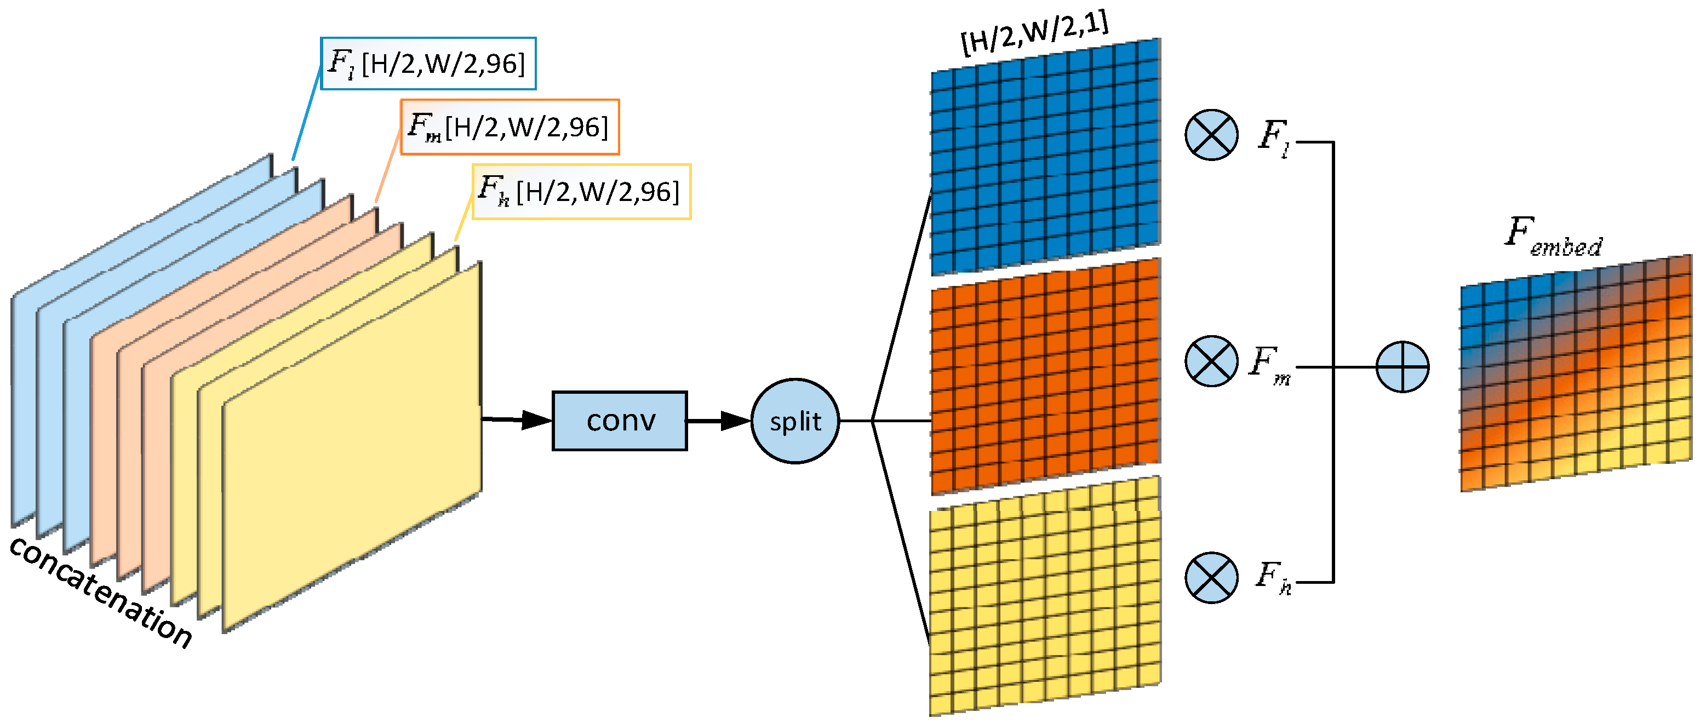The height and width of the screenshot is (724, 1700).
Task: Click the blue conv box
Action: pyautogui.click(x=619, y=421)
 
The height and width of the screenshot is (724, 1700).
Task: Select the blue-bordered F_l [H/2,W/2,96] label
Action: pyautogui.click(x=428, y=64)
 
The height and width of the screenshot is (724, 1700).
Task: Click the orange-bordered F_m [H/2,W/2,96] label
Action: pyautogui.click(x=510, y=127)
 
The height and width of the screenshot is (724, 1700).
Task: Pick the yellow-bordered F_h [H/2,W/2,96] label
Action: pyautogui.click(x=581, y=191)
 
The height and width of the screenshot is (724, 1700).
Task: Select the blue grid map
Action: pyautogui.click(x=1045, y=157)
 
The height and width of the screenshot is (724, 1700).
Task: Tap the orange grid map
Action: pyautogui.click(x=1045, y=376)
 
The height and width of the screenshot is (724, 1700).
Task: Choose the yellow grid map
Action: pyautogui.click(x=1045, y=596)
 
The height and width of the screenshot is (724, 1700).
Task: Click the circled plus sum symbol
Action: pyautogui.click(x=1403, y=367)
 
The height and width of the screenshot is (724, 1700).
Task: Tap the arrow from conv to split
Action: pyautogui.click(x=719, y=421)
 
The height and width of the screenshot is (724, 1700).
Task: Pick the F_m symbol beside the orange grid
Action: pyautogui.click(x=1270, y=365)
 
